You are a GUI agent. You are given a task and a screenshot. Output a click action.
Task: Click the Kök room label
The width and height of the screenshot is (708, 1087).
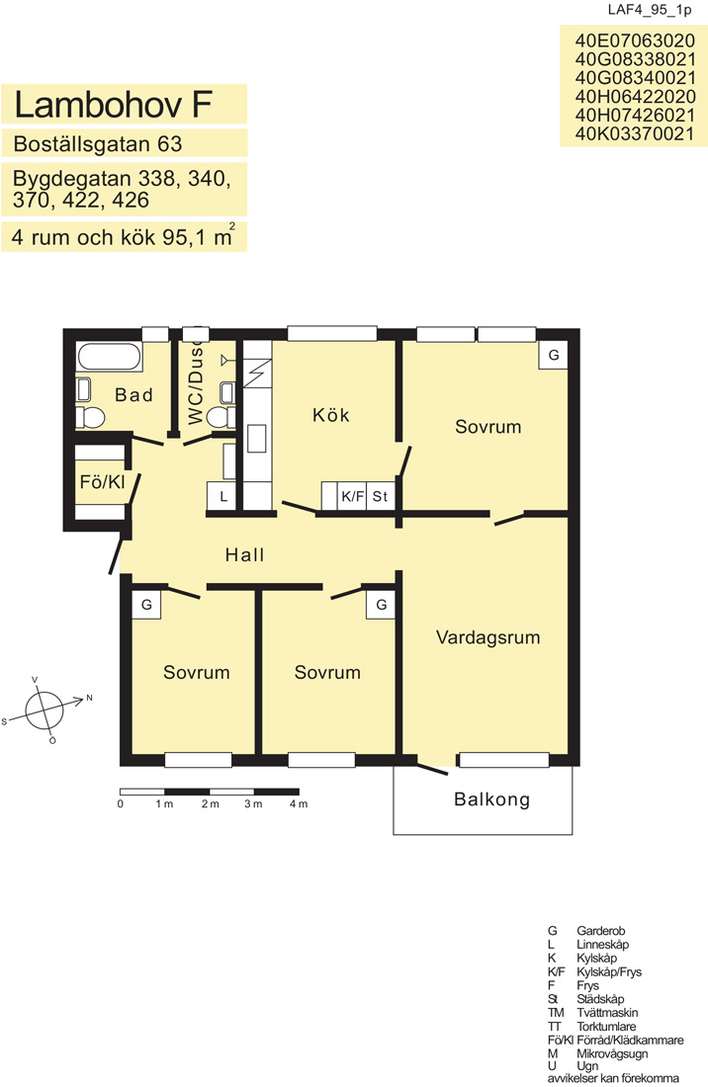coord(331,415)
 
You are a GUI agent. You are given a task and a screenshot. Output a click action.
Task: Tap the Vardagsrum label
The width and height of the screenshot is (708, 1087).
coord(488,637)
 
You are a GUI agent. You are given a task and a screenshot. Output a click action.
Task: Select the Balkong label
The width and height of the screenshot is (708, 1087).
coord(492,799)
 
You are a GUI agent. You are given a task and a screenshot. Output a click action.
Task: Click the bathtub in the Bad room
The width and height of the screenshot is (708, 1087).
coord(110,357)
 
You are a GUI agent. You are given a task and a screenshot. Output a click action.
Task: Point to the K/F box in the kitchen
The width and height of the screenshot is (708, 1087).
coord(352,496)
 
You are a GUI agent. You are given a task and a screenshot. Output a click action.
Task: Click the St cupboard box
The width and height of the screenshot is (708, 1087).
coord(380,496)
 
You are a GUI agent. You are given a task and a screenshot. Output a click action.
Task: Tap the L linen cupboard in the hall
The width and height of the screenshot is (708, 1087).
coord(222,496)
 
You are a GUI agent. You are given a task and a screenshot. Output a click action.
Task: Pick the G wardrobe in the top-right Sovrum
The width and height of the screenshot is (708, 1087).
coord(554,355)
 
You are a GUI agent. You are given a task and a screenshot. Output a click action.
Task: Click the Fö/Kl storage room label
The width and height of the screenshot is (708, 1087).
coord(103,482)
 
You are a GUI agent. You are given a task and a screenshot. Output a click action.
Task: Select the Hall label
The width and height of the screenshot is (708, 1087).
coord(245,554)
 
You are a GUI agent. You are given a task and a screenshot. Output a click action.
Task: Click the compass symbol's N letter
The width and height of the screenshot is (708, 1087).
coord(89,698)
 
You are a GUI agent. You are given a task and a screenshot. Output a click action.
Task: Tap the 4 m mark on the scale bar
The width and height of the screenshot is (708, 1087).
coord(299,804)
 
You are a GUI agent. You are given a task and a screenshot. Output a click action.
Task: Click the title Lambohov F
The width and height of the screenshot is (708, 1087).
coord(113,104)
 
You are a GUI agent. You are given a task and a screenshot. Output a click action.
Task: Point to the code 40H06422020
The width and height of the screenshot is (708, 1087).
coord(635,97)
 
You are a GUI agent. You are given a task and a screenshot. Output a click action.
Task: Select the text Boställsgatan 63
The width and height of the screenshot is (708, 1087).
coord(98,143)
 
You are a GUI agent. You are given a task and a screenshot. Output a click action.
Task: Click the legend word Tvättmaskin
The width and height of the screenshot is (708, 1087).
coord(607,1013)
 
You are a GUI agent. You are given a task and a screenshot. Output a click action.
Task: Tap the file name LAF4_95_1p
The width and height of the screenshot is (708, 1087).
coord(650,10)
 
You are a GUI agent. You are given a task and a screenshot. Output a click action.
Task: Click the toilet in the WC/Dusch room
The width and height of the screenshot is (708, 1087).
coord(221,417)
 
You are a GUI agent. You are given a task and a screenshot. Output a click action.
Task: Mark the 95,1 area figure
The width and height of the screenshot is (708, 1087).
coord(185,237)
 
